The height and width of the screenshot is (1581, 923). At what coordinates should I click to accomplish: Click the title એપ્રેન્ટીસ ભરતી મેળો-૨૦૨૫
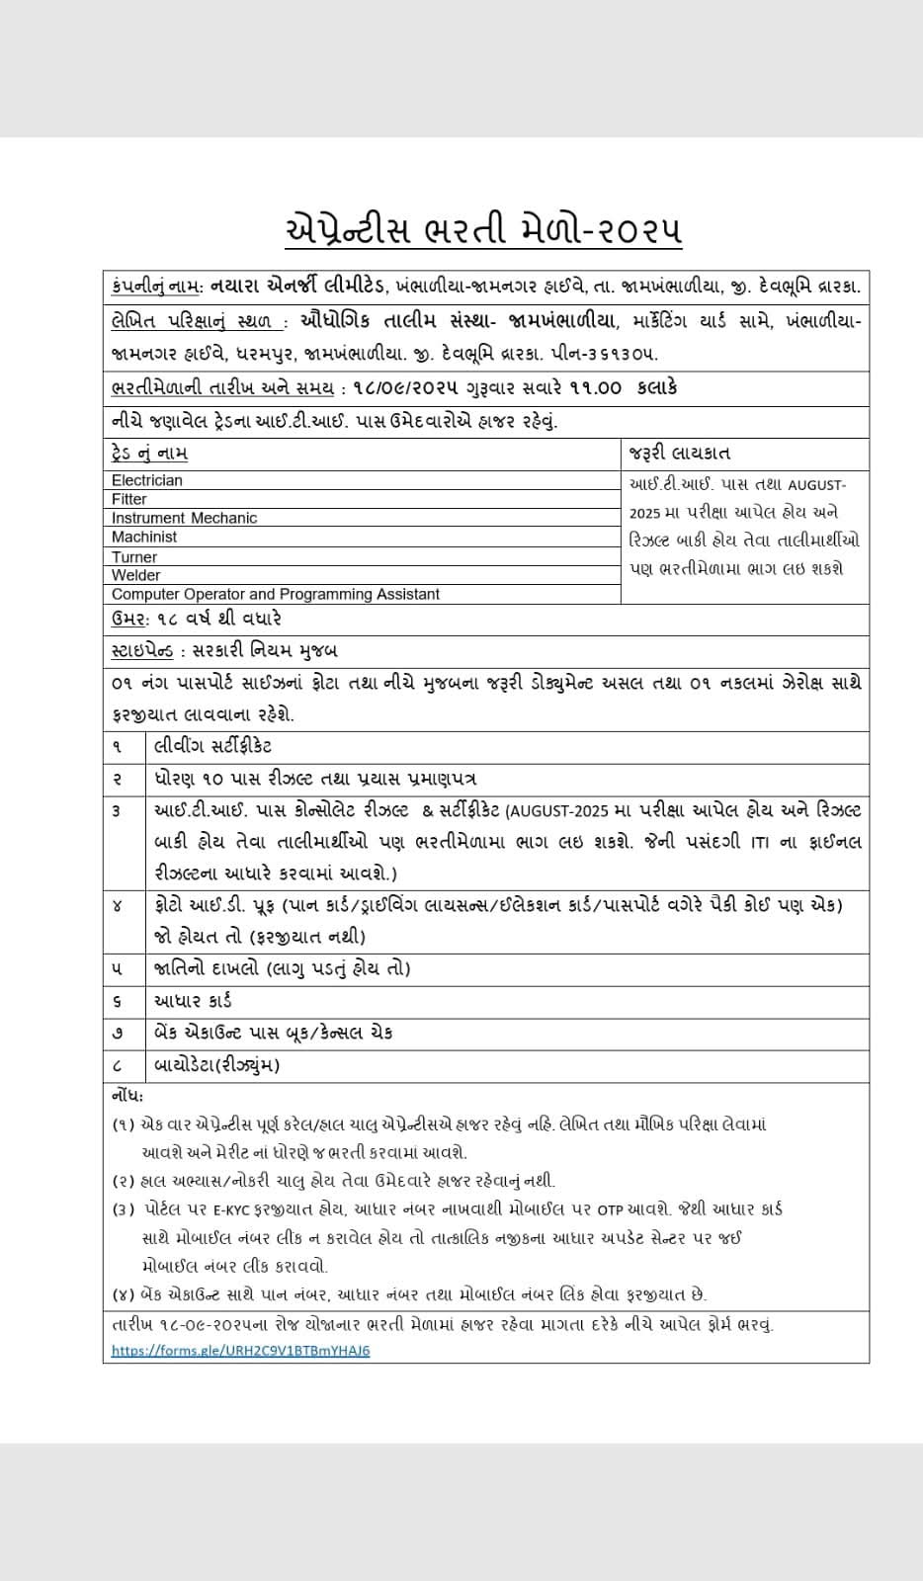pos(482,229)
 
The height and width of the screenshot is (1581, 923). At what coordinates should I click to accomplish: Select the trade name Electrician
pos(147,480)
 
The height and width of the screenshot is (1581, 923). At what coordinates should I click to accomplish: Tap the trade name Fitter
pos(129,499)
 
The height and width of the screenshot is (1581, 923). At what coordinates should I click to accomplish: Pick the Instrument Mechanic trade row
pos(184,518)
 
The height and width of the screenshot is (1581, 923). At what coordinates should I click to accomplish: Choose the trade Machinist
pos(144,537)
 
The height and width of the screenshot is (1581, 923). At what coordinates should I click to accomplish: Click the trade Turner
pos(134,557)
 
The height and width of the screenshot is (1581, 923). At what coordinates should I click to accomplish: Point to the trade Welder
pos(135,575)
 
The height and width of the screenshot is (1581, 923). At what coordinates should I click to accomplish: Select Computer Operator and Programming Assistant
pos(276,594)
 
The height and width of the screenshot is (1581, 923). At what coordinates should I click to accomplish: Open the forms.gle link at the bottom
pos(241,1350)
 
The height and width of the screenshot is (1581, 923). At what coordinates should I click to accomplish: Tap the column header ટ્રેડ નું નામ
pos(149,454)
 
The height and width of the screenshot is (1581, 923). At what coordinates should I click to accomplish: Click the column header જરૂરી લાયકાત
pos(679,454)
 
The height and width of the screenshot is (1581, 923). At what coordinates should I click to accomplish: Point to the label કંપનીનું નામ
pos(157,287)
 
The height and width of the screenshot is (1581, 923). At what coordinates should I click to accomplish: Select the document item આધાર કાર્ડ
pos(193,1001)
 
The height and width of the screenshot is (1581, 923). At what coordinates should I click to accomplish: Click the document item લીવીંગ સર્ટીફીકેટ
pos(212,746)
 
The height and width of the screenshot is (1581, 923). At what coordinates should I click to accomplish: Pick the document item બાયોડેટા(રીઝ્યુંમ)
pos(216,1065)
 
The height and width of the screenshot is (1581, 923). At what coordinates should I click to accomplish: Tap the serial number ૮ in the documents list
pos(118,1065)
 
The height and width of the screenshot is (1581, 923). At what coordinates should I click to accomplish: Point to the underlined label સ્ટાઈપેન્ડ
pos(142,651)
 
